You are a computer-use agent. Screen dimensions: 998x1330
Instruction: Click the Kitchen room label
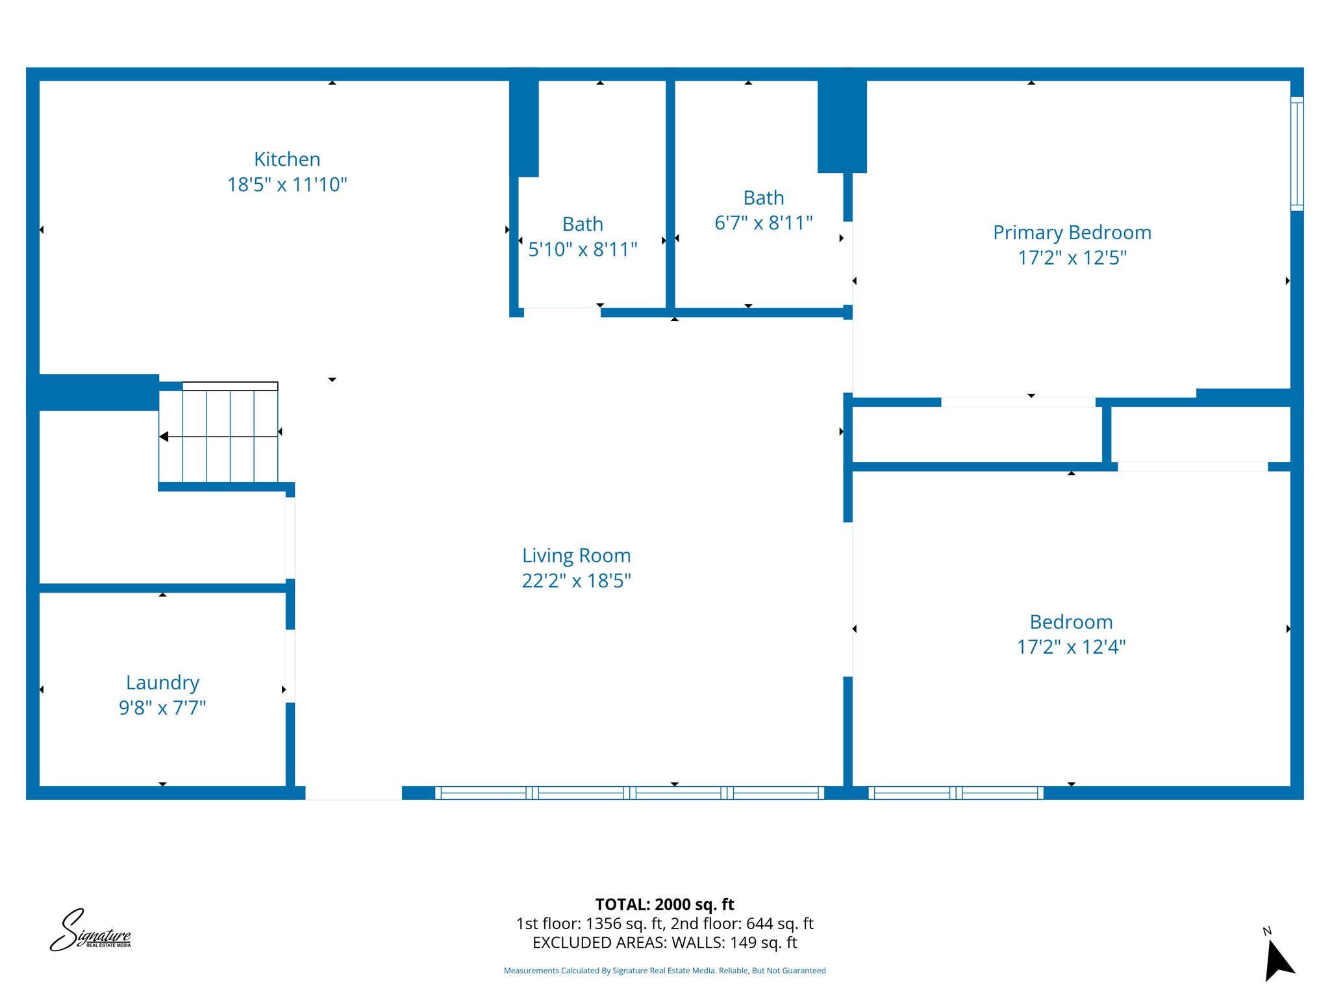pos(287,159)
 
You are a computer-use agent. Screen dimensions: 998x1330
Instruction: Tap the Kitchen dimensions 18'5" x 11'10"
pos(287,185)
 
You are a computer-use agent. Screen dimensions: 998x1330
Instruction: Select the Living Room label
pos(577,556)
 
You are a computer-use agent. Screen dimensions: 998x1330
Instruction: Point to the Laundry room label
pos(162,682)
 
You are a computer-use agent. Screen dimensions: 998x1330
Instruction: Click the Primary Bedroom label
pos(1072,233)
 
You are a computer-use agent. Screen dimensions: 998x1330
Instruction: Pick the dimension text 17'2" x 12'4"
pos(1071,647)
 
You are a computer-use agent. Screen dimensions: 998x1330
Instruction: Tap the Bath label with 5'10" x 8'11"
pos(583,224)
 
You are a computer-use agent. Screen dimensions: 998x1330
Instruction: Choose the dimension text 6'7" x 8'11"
pos(764,223)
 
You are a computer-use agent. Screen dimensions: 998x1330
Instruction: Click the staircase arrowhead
pos(164,437)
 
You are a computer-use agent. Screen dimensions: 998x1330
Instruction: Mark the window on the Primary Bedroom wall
pos(1296,153)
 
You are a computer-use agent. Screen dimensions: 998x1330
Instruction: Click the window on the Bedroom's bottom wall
pos(955,793)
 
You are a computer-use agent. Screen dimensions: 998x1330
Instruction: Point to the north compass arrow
pos(1278,960)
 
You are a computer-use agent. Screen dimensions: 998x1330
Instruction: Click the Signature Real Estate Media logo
pos(90,930)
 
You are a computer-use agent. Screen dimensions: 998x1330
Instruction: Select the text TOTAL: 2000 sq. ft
pos(664,904)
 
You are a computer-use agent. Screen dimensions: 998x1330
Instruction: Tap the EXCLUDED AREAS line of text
pos(664,943)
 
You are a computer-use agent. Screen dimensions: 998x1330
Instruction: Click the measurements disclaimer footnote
pos(664,971)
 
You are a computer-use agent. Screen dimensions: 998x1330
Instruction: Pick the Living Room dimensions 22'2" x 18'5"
pos(577,581)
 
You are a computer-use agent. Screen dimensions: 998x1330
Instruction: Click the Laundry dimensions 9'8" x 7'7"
pos(162,708)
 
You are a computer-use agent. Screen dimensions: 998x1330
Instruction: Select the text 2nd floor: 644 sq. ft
pos(742,923)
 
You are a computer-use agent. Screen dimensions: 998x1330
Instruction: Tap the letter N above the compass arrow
pos(1266,931)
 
